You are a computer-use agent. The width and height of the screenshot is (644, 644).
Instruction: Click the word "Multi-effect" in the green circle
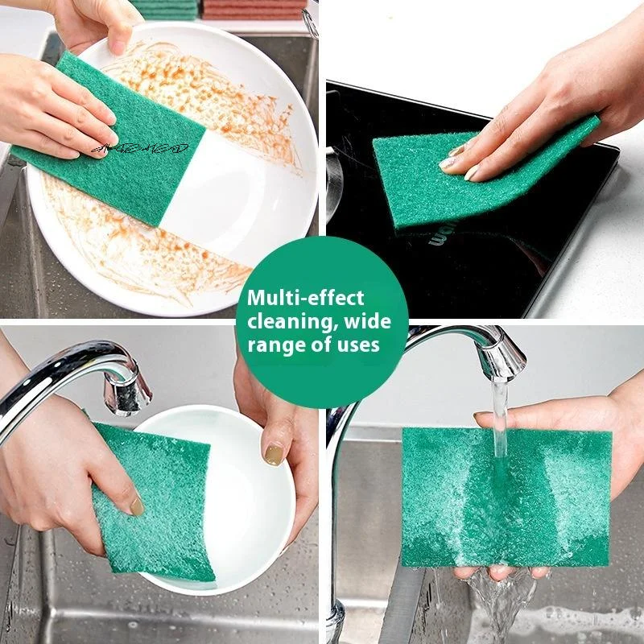[x=305, y=298]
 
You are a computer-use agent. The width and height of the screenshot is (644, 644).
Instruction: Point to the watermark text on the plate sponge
[x=141, y=148]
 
